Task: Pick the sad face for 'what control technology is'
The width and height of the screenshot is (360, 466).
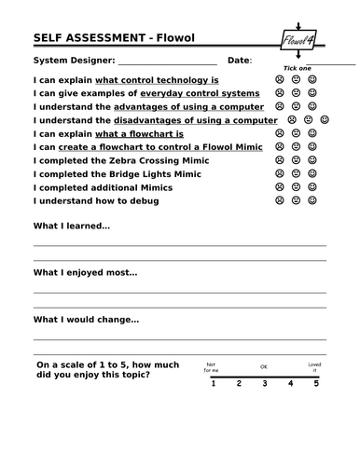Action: coord(279,81)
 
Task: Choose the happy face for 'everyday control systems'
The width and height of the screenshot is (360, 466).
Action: coord(312,94)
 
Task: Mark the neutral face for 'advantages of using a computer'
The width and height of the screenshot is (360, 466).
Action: coord(296,107)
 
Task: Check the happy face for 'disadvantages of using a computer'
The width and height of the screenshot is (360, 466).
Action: coord(325,120)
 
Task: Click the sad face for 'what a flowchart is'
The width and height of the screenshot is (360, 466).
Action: coord(279,134)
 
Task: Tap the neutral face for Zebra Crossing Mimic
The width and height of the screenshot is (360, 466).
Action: coord(296,160)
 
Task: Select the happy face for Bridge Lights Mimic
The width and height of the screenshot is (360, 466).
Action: coord(312,173)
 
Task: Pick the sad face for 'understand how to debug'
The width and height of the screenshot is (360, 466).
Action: coord(279,200)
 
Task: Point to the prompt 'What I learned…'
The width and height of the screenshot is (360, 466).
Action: coord(72,226)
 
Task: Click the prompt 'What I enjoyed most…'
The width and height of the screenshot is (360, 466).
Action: coord(85,273)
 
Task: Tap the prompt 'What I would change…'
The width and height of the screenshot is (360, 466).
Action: coord(86,320)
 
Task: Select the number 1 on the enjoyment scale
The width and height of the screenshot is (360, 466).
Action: coord(212,383)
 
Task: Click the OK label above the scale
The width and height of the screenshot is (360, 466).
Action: coord(264,367)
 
